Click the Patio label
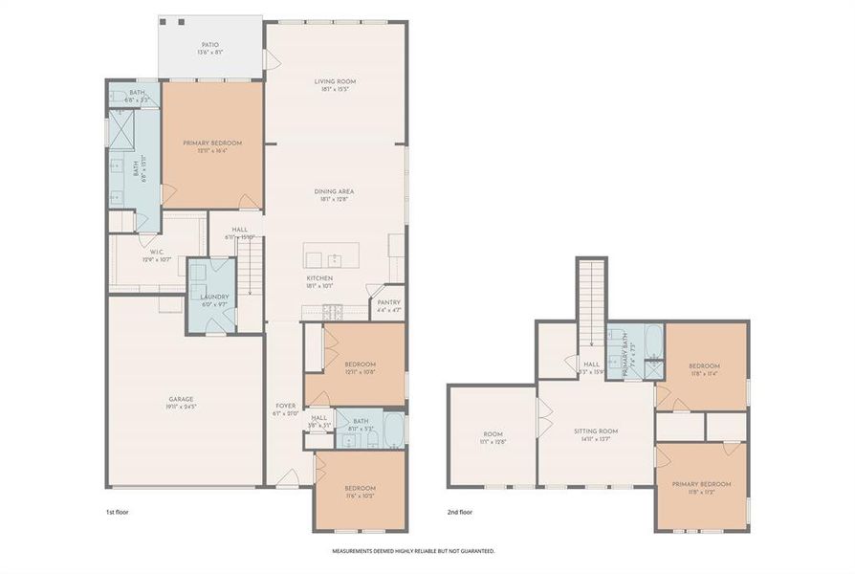coord(210,48)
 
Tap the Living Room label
coord(335,86)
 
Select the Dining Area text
coord(335,195)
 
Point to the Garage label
coord(182,403)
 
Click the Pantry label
coord(389,305)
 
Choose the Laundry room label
coord(214,300)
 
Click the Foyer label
coord(286,408)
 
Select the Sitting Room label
coord(596,435)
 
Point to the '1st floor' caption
coord(117,512)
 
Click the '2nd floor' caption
coord(459,512)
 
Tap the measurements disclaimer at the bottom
coord(413,551)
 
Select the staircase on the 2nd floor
coord(592,291)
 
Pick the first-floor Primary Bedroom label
coord(212,146)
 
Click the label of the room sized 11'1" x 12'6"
coord(492,438)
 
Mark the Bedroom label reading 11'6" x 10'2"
coord(360,493)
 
